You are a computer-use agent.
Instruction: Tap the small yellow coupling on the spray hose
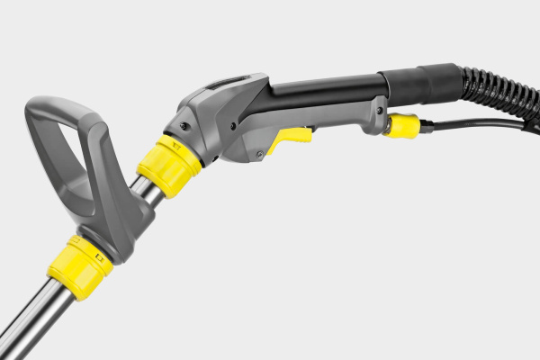[x=400, y=125]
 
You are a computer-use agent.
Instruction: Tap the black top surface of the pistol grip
[x=324, y=87]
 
